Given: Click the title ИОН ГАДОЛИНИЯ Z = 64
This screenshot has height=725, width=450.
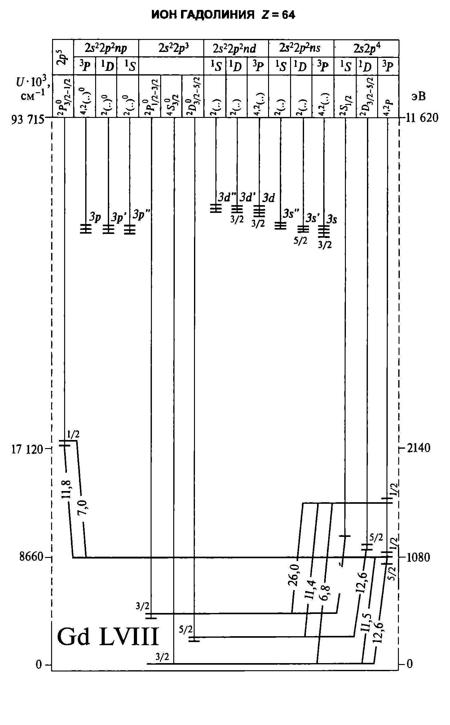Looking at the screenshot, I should coord(223,15).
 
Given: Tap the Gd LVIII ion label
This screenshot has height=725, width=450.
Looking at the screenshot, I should coord(108,637).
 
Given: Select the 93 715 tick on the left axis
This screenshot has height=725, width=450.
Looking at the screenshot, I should coord(28,119).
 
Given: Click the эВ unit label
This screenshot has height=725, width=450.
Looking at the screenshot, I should coord(418,97).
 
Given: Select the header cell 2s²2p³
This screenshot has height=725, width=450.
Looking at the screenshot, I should coord(171,48).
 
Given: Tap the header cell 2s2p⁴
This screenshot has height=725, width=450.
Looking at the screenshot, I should coord(367,48).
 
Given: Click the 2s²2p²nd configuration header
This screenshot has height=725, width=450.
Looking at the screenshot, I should coord(236,48).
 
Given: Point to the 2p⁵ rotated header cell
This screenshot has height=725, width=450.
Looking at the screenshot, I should coord(63,57).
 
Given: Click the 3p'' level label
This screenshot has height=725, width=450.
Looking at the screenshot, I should coord(141,214).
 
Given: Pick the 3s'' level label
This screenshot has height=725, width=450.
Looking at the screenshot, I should coord(291,214).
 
